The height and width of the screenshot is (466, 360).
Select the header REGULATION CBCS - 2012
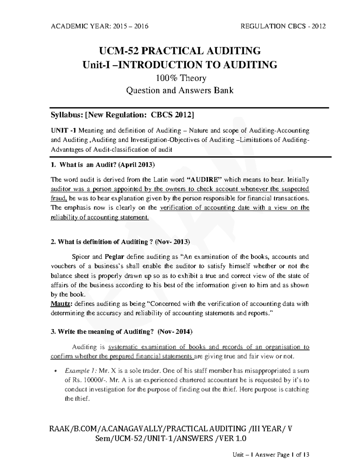point(283,26)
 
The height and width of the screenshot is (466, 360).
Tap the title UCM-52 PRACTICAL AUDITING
point(180,51)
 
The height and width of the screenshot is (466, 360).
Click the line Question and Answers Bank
point(180,90)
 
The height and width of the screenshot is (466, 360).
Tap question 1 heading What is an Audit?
point(103,165)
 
